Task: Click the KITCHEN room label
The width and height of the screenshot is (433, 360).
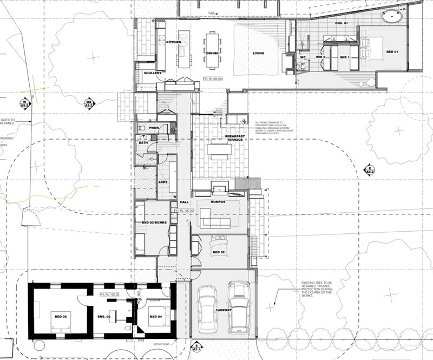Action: pyautogui.click(x=173, y=42)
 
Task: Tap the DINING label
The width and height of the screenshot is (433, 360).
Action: pyautogui.click(x=212, y=53)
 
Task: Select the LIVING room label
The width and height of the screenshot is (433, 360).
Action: pyautogui.click(x=258, y=53)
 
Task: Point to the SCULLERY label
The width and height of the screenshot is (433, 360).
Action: pyautogui.click(x=153, y=73)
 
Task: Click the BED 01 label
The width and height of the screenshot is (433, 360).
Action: pyautogui.click(x=392, y=51)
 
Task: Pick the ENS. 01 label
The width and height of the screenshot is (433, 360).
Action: pyautogui.click(x=340, y=24)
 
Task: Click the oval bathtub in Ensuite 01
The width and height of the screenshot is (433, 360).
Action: pyautogui.click(x=392, y=17)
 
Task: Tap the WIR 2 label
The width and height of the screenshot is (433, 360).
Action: pyautogui.click(x=320, y=57)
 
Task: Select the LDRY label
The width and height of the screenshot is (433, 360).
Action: pyautogui.click(x=162, y=182)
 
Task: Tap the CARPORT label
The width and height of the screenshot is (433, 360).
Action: pyautogui.click(x=223, y=310)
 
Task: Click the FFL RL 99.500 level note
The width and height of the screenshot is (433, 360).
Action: pyautogui.click(x=213, y=78)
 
